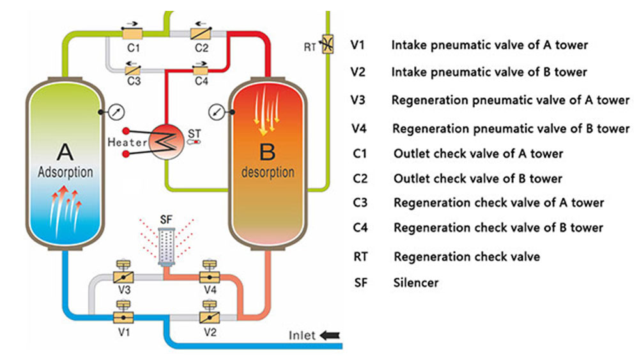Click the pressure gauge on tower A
(116, 111)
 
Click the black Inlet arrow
(332, 334)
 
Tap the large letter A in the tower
(65, 152)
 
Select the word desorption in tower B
(268, 173)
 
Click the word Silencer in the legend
(416, 281)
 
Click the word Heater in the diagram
(127, 142)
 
